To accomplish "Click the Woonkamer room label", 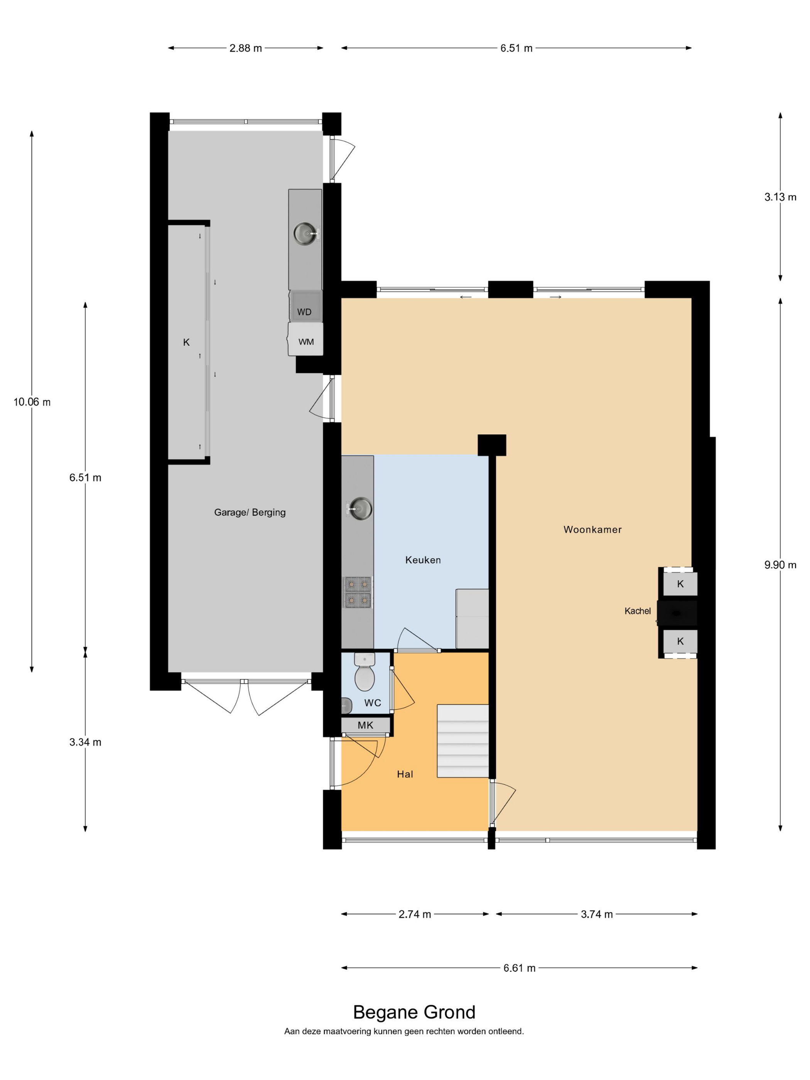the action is [592, 529].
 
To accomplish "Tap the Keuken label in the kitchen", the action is [423, 560].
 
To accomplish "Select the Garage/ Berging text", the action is [250, 512].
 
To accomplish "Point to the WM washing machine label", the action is [306, 342].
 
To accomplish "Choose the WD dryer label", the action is [304, 312].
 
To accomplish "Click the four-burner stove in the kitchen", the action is [358, 592].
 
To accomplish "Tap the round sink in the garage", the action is [305, 233].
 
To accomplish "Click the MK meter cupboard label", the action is [365, 725].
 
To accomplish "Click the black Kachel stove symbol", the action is [677, 613].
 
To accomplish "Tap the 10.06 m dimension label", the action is [32, 402].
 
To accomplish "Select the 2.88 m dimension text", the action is [246, 48].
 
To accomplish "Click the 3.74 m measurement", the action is [597, 914].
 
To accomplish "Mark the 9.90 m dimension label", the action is [780, 565].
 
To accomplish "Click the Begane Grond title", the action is [414, 1012].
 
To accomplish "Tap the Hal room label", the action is [405, 774].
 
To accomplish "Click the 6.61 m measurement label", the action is [520, 968].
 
